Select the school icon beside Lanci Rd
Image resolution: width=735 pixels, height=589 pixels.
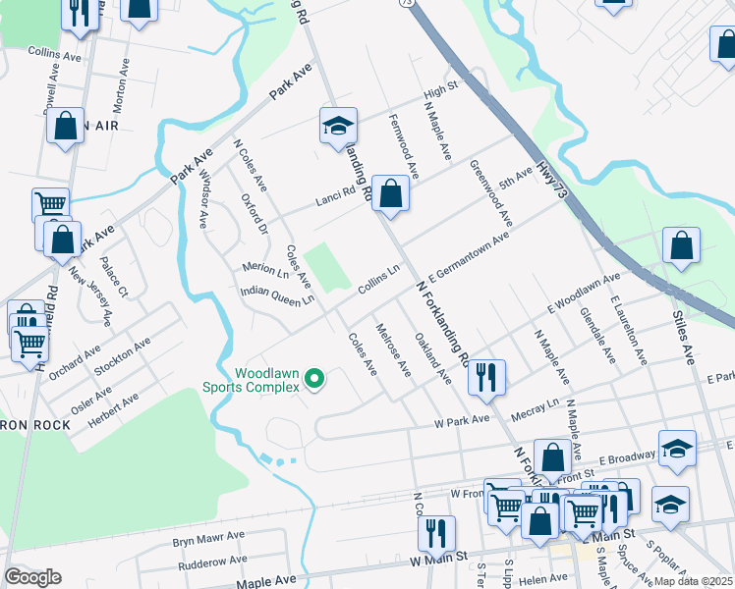point(337,127)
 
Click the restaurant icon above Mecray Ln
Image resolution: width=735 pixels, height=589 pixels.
point(486,378)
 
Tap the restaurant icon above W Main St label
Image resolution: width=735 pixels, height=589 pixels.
point(436,533)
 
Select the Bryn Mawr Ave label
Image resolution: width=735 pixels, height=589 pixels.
point(208,538)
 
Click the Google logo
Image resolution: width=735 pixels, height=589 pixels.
point(32,577)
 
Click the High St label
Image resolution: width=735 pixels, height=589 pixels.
point(441,90)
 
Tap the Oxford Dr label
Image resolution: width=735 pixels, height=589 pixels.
point(254,214)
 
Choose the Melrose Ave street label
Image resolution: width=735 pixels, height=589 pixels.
point(393,348)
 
